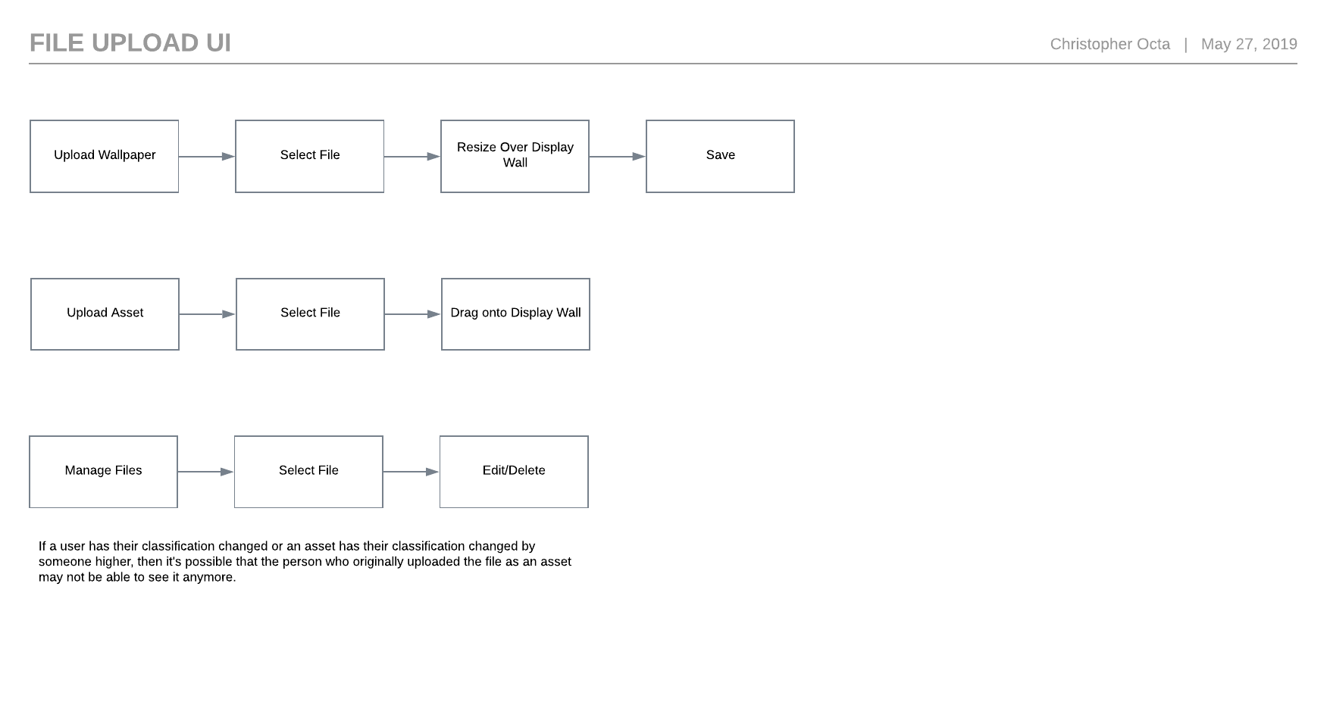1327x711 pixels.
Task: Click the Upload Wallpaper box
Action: click(105, 156)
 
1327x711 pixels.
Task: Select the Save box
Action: click(720, 156)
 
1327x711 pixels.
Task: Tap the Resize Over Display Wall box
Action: click(515, 156)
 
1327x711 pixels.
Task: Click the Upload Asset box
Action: click(105, 314)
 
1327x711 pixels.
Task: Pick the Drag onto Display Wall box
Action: click(515, 314)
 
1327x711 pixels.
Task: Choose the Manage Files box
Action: click(103, 472)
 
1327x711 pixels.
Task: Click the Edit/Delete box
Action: click(514, 472)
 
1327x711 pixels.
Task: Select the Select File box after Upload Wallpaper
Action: click(309, 156)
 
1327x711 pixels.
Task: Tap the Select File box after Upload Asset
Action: click(310, 314)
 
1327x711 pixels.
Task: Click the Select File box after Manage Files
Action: click(308, 472)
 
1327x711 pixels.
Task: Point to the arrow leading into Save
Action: click(618, 157)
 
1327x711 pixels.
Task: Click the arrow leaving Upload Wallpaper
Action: click(207, 157)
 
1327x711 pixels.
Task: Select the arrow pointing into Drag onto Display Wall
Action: click(413, 314)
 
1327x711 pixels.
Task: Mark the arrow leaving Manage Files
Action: click(206, 472)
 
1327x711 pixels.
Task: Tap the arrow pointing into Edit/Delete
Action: click(412, 472)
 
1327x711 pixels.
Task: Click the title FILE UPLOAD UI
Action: click(130, 43)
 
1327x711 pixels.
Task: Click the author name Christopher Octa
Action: click(1109, 45)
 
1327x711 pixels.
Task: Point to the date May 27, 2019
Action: click(1249, 45)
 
